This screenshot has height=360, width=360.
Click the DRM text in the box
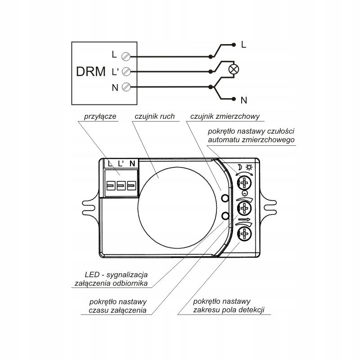point(91,71)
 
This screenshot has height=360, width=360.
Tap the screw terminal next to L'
point(126,71)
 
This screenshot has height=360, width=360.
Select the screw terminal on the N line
point(126,86)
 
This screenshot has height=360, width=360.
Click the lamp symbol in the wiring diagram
point(234,69)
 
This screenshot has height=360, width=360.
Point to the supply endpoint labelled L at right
point(234,45)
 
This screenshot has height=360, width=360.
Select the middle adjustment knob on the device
point(244,208)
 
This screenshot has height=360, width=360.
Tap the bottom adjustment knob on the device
point(244,233)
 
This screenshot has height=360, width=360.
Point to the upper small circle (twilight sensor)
point(225,198)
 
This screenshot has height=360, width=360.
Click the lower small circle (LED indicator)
point(225,216)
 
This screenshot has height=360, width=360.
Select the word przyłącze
point(100,117)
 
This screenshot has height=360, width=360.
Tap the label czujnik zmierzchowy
point(225,117)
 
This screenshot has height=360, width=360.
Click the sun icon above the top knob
point(249,166)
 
